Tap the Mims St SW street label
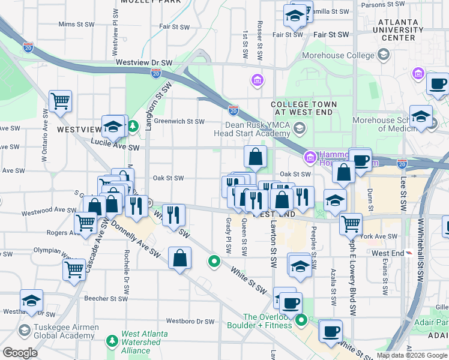pos(76,25)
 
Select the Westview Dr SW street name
pos(144,62)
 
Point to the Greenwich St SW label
pos(179,121)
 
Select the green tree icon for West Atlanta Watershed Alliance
pos(112,341)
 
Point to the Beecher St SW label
pos(104,298)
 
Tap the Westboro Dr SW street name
pos(190,322)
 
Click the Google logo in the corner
pos(19,353)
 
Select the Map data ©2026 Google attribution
pos(412,355)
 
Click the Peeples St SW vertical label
pos(314,247)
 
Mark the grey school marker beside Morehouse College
pos(384,56)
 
